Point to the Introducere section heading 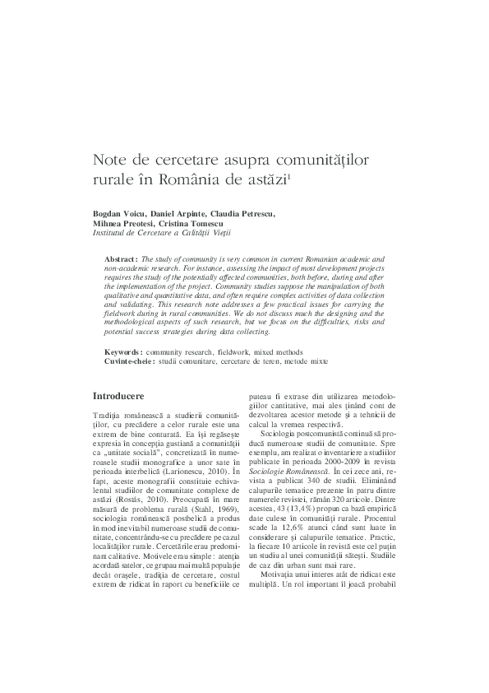pos(118,396)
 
